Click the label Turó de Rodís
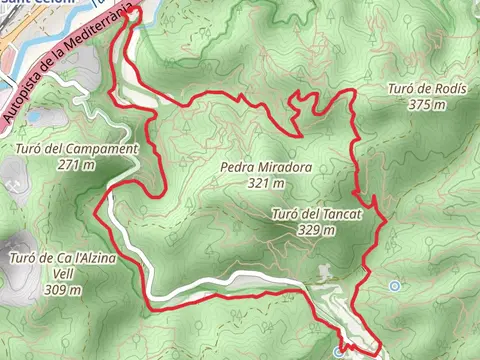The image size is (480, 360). [x=426, y=89]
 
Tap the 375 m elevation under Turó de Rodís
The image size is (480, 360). [x=426, y=104]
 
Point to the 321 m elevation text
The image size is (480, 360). [x=264, y=184]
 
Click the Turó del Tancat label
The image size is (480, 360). [x=315, y=214]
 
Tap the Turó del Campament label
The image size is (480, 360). [x=77, y=150]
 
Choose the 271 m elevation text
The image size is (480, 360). [x=77, y=165]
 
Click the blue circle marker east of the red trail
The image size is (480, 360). [x=396, y=286]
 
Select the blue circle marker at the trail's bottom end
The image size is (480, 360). [x=340, y=353]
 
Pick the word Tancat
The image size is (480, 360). [x=340, y=214]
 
